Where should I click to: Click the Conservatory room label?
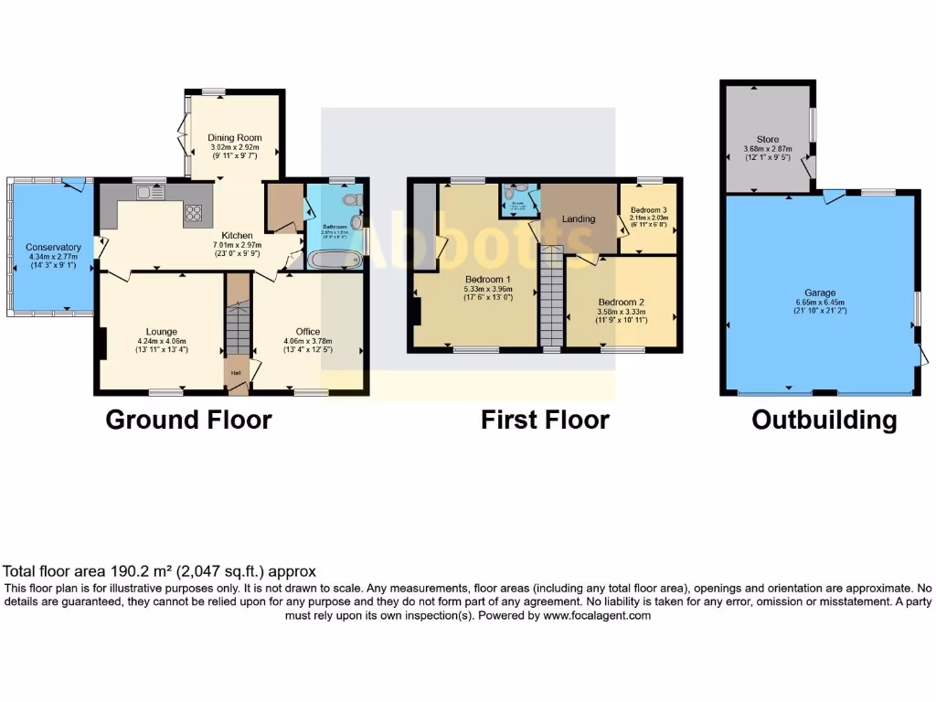[x=53, y=248]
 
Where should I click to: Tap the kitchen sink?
[x=149, y=192]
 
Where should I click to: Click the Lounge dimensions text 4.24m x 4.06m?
[x=161, y=341]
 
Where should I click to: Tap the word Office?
[x=308, y=331]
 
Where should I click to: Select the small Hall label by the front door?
[x=235, y=373]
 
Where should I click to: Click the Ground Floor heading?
[x=188, y=420]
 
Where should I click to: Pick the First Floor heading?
[x=545, y=420]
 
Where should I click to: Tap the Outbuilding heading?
[x=824, y=420]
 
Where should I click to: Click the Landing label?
[x=579, y=218]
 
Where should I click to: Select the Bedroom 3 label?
[x=651, y=209]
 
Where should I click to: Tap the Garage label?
[x=819, y=292]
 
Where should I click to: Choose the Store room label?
[x=768, y=140]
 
